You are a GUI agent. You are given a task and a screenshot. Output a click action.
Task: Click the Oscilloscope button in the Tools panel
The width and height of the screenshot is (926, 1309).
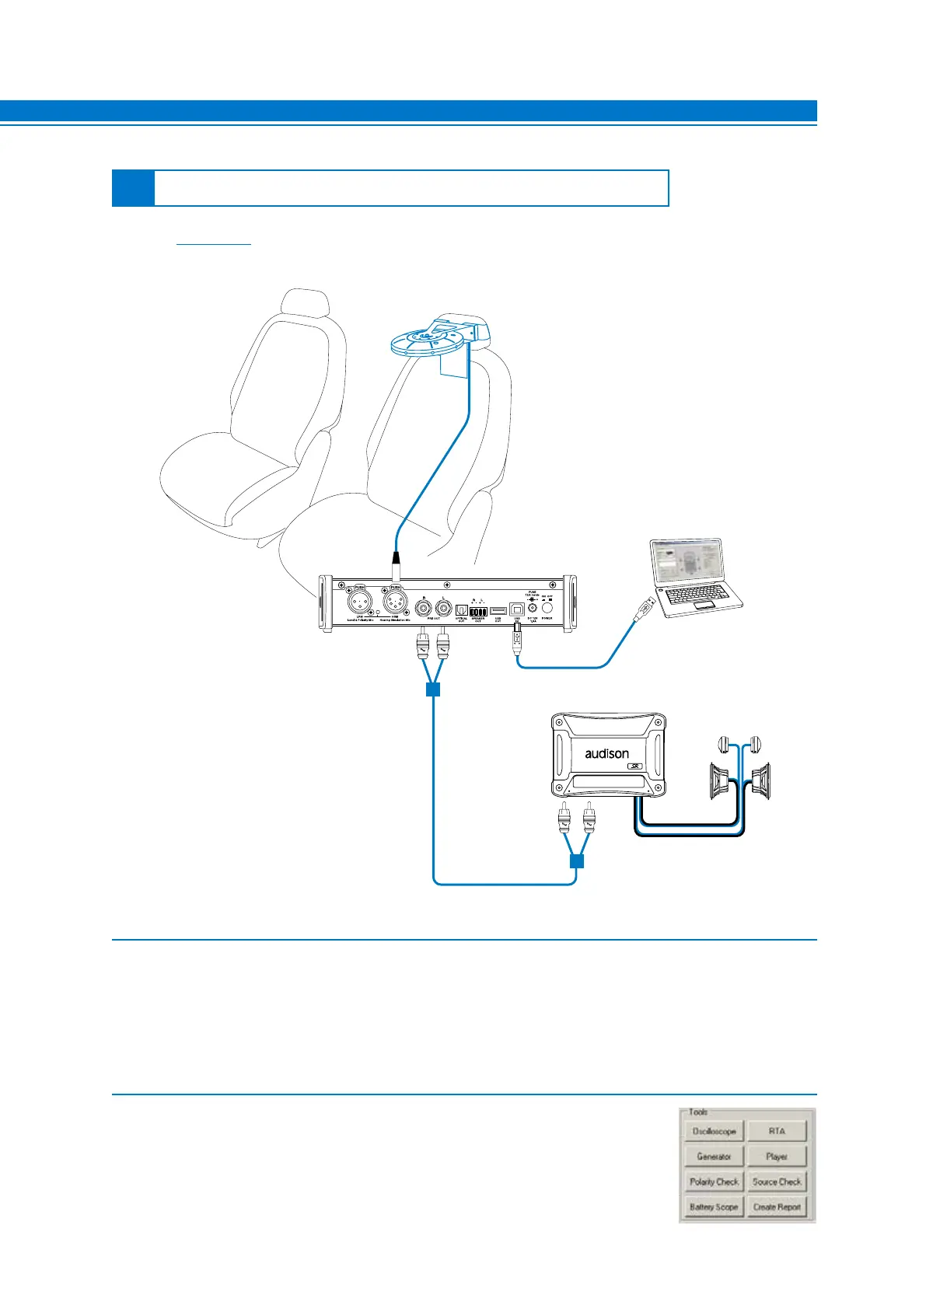[x=714, y=1131]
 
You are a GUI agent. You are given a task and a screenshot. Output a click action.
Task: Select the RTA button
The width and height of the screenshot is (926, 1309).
[x=777, y=1131]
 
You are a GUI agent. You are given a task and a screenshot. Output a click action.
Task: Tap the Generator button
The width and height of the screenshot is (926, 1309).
[x=714, y=1157]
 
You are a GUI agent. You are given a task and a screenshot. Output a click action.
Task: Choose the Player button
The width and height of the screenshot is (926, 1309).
[x=777, y=1157]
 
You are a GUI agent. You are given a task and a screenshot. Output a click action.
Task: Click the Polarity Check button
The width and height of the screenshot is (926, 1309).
[x=714, y=1182]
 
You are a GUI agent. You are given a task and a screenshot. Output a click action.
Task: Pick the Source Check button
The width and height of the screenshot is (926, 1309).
[x=777, y=1182]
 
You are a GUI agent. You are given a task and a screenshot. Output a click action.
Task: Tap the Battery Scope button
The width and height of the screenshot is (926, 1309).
[x=714, y=1207]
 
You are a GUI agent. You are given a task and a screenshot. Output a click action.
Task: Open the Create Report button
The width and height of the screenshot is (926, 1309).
[x=777, y=1207]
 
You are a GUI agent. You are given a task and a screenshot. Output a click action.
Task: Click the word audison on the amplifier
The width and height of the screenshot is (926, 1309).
[x=606, y=753]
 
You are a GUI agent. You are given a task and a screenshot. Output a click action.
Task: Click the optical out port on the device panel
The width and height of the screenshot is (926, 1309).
[x=460, y=610]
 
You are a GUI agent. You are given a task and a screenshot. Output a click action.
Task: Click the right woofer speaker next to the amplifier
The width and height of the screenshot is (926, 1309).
[x=760, y=781]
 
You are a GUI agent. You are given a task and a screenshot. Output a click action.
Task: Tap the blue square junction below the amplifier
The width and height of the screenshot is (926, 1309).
[x=576, y=861]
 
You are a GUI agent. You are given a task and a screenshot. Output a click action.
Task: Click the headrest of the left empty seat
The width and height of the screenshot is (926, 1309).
[x=302, y=303]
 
